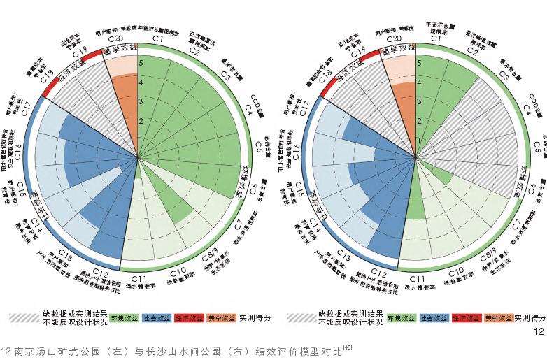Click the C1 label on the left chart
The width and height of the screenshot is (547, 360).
[158, 39]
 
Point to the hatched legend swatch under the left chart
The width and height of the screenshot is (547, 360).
[27, 317]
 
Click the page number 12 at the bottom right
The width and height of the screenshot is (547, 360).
[538, 331]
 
